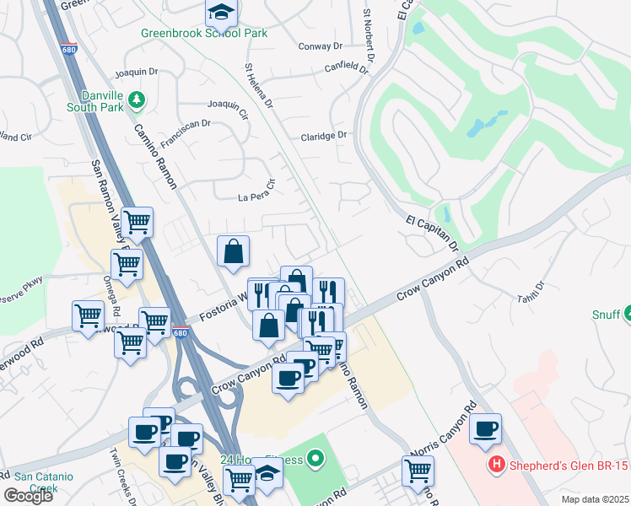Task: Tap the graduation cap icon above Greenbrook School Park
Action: click(x=220, y=12)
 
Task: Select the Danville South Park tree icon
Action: click(x=136, y=101)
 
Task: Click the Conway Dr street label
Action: click(x=320, y=46)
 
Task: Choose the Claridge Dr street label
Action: click(x=324, y=136)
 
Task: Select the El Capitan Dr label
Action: click(x=433, y=234)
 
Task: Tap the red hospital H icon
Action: click(x=497, y=464)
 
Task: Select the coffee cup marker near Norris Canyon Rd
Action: click(x=486, y=429)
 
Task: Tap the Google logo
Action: click(x=28, y=496)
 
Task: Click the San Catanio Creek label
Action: click(x=43, y=482)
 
